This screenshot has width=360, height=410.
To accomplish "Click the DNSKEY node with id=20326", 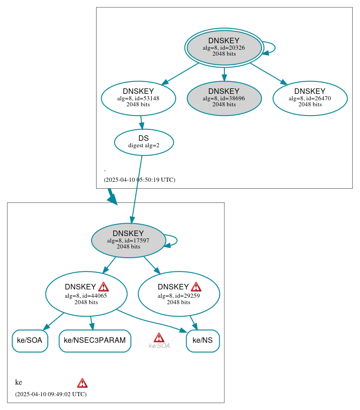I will click(x=224, y=47).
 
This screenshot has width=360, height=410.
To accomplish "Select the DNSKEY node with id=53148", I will click(x=138, y=98).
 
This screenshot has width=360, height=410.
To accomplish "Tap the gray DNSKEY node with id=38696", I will click(x=224, y=98).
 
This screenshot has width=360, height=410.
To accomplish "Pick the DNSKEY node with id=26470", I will click(x=309, y=98).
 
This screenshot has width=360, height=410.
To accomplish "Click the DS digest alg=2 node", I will click(x=144, y=142).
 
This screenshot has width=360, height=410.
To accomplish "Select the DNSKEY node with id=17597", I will click(x=128, y=240).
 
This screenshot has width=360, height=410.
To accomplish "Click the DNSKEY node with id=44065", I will click(x=86, y=294).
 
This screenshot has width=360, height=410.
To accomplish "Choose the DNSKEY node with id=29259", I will click(x=179, y=294).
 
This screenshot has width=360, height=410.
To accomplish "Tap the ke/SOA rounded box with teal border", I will click(x=30, y=341).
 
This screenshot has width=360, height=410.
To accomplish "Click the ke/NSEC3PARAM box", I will click(x=95, y=341).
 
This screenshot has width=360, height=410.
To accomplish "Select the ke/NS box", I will click(x=203, y=341).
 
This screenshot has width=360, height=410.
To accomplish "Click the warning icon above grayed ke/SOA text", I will click(x=159, y=338).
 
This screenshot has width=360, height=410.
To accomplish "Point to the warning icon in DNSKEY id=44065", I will click(x=103, y=287).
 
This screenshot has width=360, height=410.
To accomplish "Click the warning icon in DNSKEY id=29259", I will click(x=196, y=287).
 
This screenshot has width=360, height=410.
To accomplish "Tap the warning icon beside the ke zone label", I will click(x=82, y=383).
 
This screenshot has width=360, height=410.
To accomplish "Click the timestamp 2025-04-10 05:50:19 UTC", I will click(x=139, y=180).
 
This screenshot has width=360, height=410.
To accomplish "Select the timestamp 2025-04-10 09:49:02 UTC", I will click(x=51, y=394).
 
